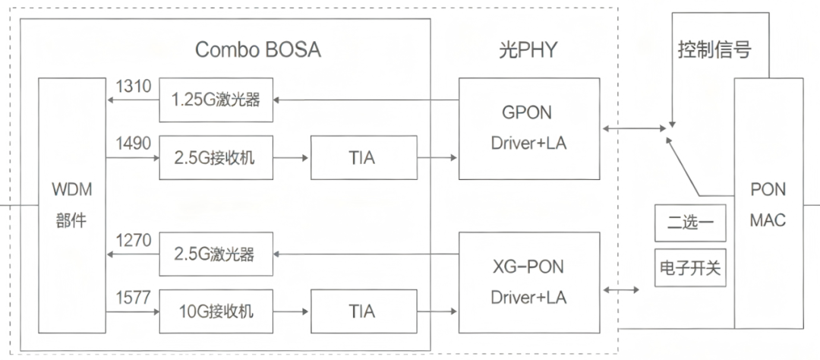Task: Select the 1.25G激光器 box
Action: [x=216, y=99]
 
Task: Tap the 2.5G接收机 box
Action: [x=216, y=157]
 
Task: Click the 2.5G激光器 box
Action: [x=216, y=253]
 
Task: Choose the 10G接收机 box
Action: [x=216, y=311]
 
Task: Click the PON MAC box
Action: [x=768, y=204]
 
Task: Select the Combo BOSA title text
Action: [x=258, y=50]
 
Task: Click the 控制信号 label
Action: [x=714, y=50]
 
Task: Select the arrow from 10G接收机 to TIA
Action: [x=292, y=311]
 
